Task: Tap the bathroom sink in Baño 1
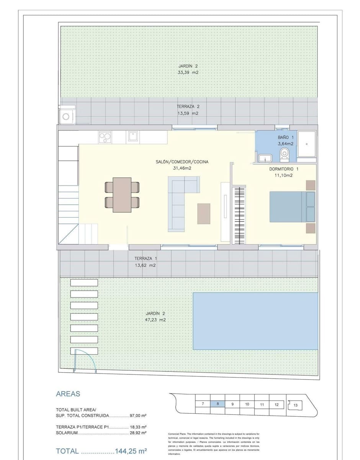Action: point(265,158)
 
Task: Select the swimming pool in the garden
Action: point(255,321)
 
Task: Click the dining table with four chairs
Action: point(122,194)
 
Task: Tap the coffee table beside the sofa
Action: point(204,214)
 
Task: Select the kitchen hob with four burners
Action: point(105,137)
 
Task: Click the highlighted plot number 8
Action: point(218,404)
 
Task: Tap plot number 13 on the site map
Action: point(295,405)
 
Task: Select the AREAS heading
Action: point(68,394)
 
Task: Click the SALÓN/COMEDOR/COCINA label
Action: point(182,162)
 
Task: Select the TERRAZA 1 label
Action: point(145,258)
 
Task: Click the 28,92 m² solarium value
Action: point(139,432)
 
